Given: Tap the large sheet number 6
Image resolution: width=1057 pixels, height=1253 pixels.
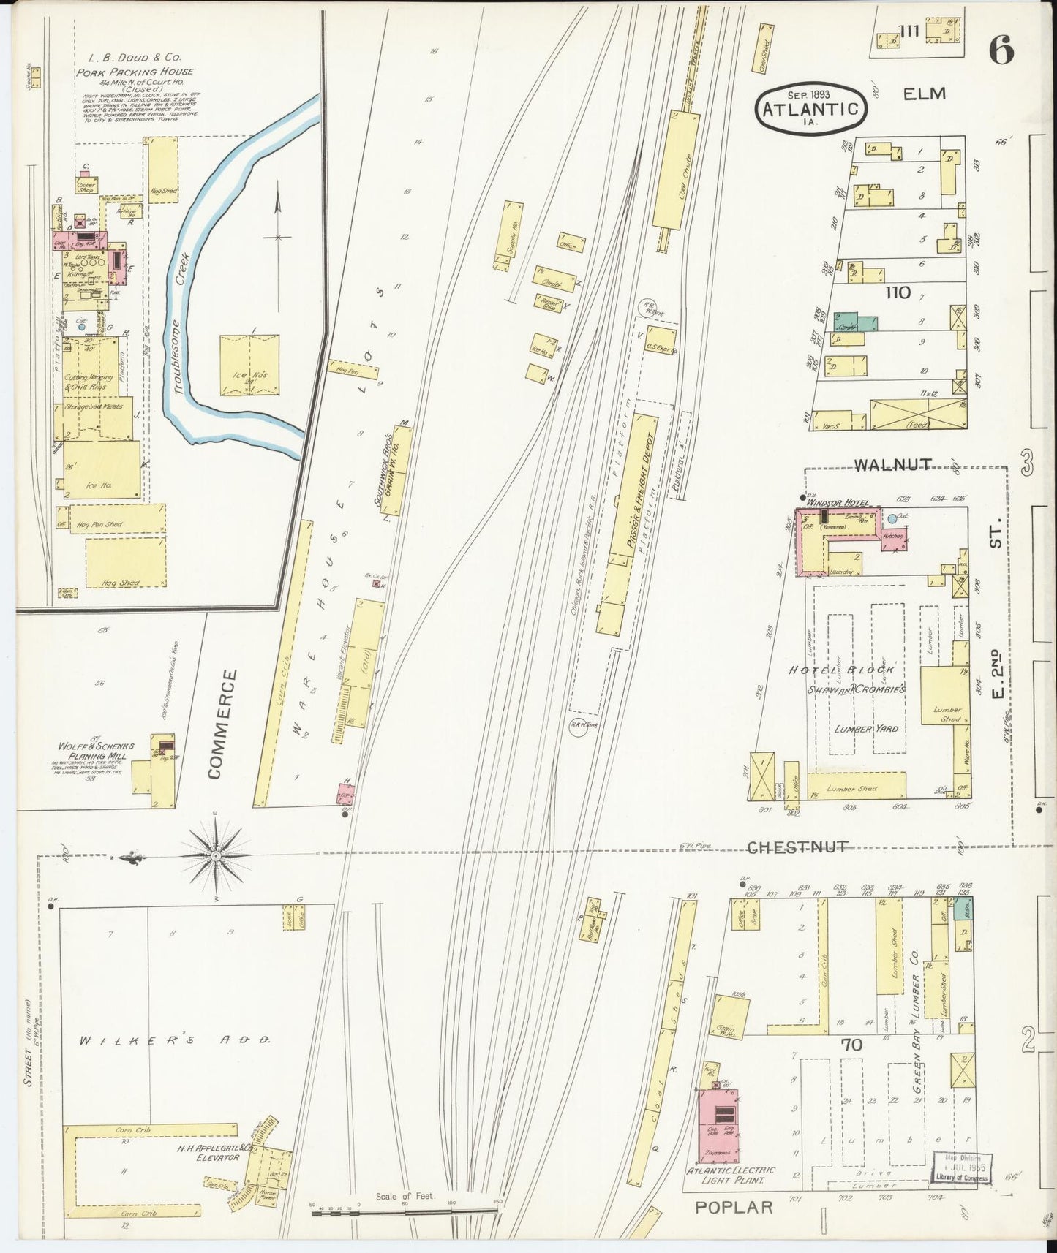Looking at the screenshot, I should click(x=1001, y=51).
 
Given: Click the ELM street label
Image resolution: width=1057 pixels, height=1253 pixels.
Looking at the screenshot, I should click(x=924, y=94).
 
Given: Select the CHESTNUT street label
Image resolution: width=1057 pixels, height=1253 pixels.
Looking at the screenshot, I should click(x=797, y=847).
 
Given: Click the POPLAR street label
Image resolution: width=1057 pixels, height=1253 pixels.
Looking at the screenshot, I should click(x=734, y=1206).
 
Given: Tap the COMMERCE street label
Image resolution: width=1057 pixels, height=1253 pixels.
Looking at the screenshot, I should click(x=222, y=724).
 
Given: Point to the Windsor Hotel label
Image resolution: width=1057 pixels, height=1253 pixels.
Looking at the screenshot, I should click(x=838, y=503).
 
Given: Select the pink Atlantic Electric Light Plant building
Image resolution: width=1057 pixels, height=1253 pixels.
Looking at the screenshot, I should click(x=719, y=1126).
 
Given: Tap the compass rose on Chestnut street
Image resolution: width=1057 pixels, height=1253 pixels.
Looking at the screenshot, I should click(x=217, y=855).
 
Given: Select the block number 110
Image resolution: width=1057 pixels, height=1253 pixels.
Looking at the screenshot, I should click(x=898, y=292).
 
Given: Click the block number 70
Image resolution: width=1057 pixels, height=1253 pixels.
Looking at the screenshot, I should click(x=851, y=1045).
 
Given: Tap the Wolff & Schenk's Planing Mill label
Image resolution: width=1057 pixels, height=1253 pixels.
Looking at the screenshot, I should click(x=97, y=751).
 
